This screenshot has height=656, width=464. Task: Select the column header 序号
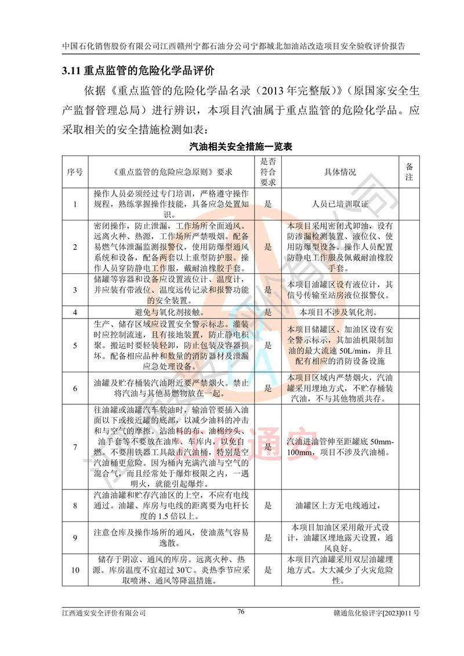click(75, 172)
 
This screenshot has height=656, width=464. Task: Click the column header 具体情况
click(340, 172)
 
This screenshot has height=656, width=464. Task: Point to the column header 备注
click(409, 172)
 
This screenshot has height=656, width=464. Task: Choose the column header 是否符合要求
click(267, 172)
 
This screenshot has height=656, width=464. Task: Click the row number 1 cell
click(75, 204)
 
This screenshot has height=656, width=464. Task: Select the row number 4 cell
click(75, 312)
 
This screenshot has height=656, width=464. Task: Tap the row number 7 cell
click(75, 447)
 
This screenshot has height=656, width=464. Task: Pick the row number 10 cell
click(75, 570)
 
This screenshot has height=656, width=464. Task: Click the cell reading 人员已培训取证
click(340, 204)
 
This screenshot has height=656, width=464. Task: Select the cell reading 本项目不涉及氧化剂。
click(340, 312)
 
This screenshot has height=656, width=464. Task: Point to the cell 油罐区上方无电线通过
click(340, 505)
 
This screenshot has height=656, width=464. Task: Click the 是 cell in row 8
click(268, 505)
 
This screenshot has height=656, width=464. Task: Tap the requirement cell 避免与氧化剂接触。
click(172, 312)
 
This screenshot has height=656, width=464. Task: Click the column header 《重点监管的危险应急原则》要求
click(172, 172)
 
